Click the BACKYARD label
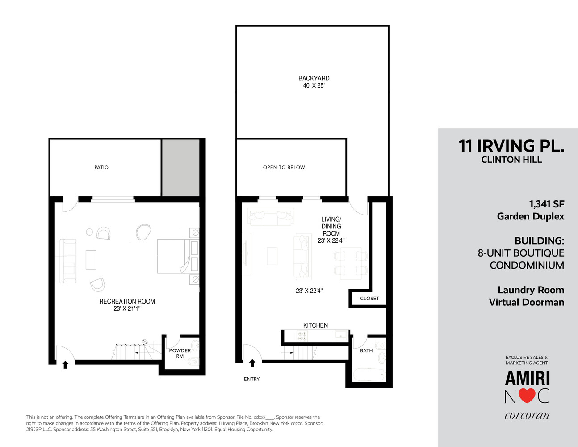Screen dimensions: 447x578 [314, 78]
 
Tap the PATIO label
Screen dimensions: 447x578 [101, 167]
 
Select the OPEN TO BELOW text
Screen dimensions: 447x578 [284, 167]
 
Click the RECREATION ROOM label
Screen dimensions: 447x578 [127, 301]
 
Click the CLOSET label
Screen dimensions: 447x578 [369, 299]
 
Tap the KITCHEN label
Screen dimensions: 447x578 [315, 325]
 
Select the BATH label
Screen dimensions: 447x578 [366, 350]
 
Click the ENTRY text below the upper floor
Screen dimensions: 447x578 [251, 379]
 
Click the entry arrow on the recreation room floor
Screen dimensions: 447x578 [65, 365]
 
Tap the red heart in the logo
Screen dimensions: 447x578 [527, 396]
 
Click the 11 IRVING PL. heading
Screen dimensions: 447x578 [511, 146]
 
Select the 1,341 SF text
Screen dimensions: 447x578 [547, 204]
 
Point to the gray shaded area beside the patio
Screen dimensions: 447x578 [180, 168]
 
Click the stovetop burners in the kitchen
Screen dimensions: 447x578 [302, 336]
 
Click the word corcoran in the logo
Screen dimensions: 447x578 [527, 415]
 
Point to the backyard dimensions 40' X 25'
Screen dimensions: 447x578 [314, 85]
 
